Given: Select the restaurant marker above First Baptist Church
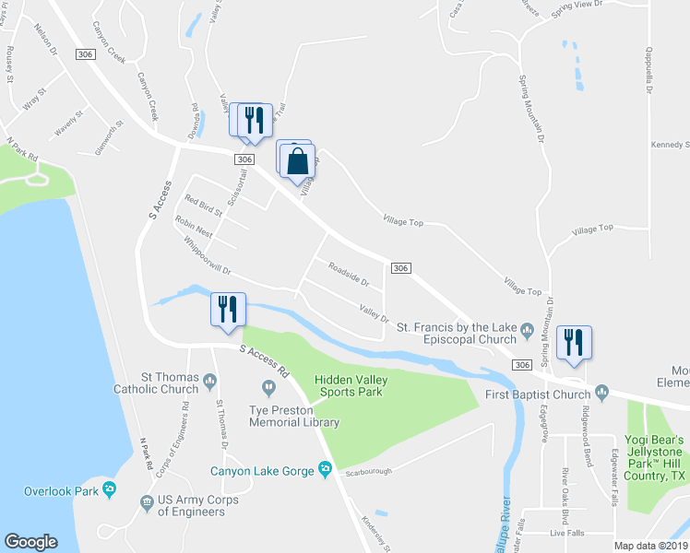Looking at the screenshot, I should coord(574,343).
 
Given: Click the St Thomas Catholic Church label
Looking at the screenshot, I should coord(169,382).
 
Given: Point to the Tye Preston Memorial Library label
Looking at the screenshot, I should coord(294,417).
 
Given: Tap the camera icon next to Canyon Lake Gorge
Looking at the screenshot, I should coord(325,470).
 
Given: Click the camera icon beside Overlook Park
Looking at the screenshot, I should coord(109,489).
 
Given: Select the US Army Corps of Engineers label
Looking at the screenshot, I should coord(185,506).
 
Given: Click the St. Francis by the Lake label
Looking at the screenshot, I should coord(457,333).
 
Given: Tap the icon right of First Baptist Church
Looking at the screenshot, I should coord(602,394).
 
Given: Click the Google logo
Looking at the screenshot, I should coord(30,541).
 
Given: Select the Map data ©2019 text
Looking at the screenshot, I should coord(651,545).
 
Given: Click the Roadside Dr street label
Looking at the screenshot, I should coord(349,274).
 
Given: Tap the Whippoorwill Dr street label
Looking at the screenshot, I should coord(195,257).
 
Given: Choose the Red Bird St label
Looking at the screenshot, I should coord(204,205).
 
